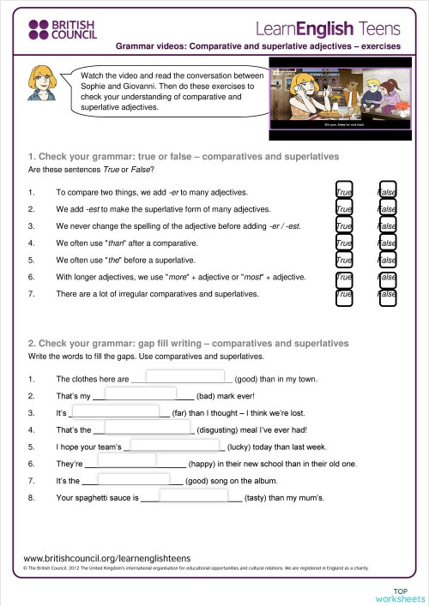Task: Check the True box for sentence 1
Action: [x=345, y=192]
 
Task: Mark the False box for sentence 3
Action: [x=387, y=226]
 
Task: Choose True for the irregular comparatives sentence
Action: [x=345, y=295]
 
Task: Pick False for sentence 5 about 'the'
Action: [x=387, y=261]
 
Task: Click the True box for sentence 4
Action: [x=345, y=243]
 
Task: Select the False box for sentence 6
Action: [x=387, y=278]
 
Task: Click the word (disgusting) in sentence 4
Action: [x=221, y=430]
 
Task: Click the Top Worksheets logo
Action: [x=408, y=594]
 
